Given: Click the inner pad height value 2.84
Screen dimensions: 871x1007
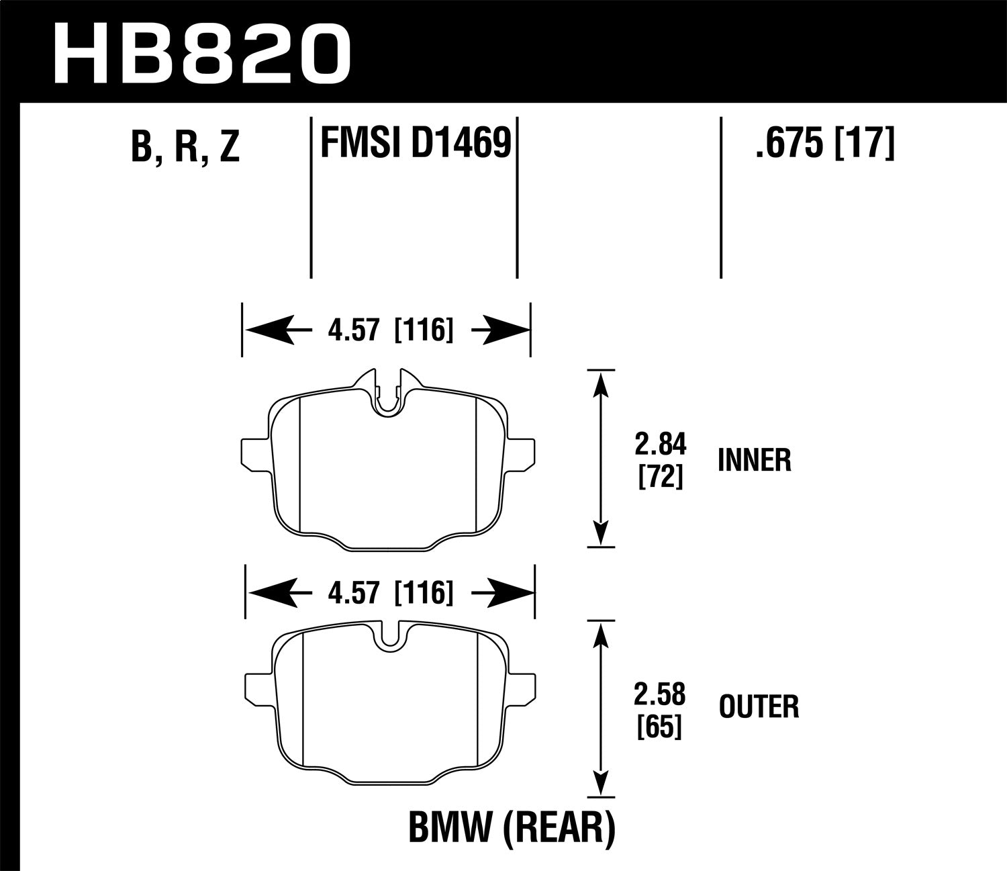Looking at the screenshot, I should click(661, 445).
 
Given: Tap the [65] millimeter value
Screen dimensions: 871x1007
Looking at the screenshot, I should click(661, 727).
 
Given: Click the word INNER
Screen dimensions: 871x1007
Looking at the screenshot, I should click(755, 461).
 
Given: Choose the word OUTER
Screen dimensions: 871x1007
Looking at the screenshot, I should click(759, 707).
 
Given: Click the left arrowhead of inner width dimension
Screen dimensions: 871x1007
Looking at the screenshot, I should click(258, 330).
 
